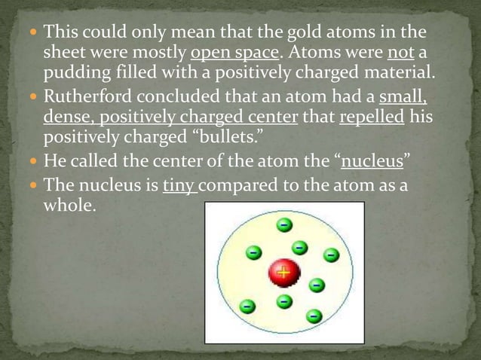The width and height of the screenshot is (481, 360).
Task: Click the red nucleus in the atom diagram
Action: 283,273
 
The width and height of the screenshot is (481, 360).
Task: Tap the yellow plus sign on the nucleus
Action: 283,273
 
